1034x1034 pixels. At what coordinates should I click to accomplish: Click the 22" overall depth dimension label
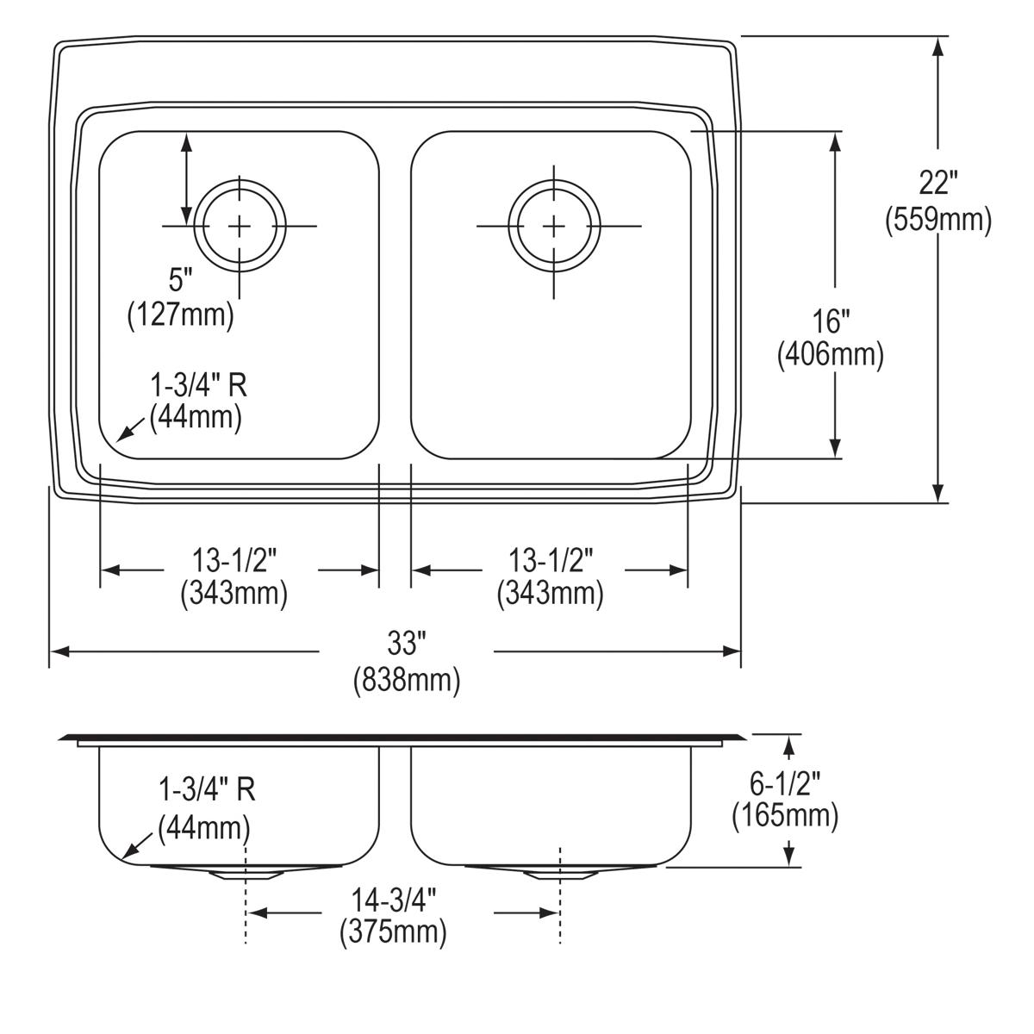tap(938, 184)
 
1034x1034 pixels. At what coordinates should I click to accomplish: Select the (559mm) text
tap(938, 221)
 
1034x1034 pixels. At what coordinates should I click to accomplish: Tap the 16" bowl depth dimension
tap(831, 321)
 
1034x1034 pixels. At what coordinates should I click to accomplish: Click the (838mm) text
tap(406, 681)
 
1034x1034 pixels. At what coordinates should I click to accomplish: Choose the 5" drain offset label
tap(179, 279)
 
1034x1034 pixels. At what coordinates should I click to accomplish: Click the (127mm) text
tap(181, 315)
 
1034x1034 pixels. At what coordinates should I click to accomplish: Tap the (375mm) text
tap(394, 932)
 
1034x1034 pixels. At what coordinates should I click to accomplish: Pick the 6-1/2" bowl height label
tap(785, 782)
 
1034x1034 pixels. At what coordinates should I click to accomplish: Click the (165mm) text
tap(785, 815)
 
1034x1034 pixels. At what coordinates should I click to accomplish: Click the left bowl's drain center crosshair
tap(239, 226)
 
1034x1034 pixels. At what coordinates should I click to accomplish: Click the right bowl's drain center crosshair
tap(554, 226)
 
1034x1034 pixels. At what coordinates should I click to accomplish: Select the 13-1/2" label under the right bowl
tap(549, 562)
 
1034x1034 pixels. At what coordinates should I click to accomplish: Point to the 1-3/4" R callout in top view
tap(199, 384)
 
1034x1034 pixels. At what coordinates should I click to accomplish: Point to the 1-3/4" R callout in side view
tap(207, 789)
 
